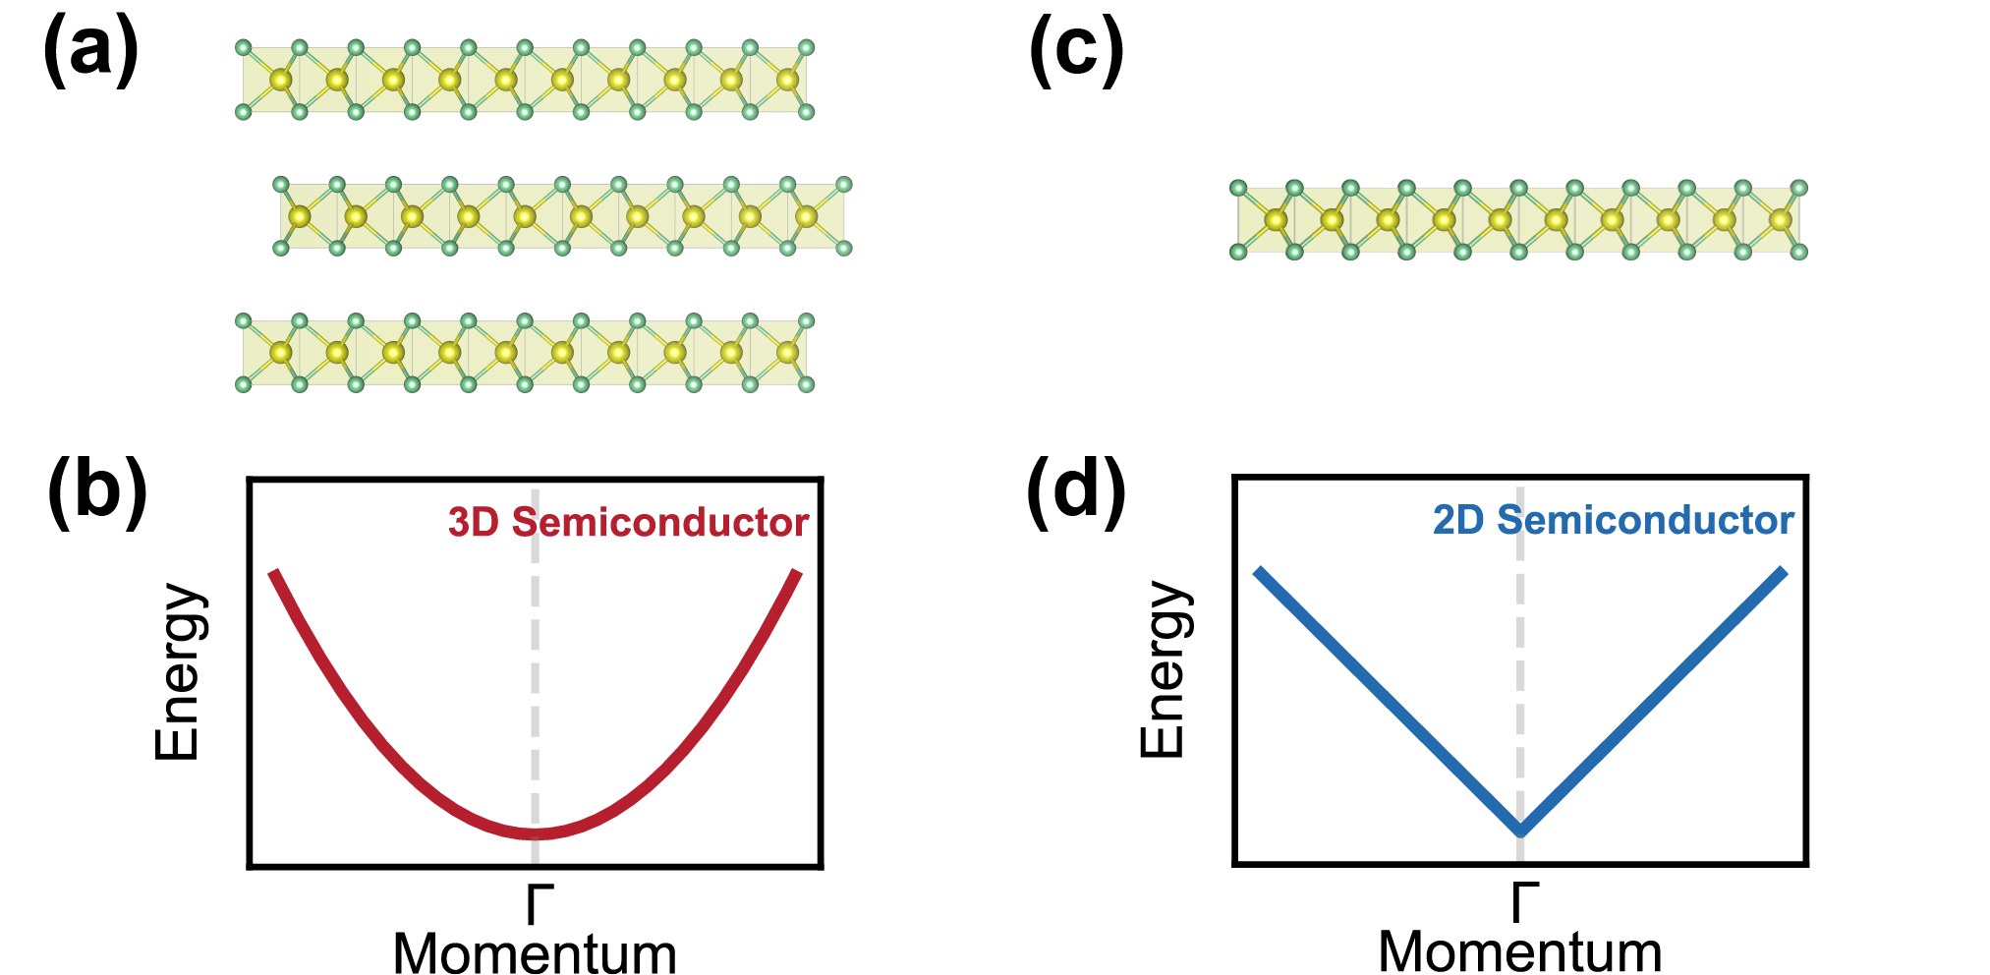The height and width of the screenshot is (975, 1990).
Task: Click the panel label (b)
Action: [x=96, y=490]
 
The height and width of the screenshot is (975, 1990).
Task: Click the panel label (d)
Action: [x=1076, y=490]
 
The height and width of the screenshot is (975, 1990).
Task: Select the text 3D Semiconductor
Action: [x=628, y=523]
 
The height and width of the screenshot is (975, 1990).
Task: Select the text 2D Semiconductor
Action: [x=1613, y=520]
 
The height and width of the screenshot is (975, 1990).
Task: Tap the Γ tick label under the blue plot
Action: [x=1524, y=901]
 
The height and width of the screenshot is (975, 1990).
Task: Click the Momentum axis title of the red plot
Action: [x=535, y=952]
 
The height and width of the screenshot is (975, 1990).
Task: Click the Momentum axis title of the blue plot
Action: [x=1520, y=950]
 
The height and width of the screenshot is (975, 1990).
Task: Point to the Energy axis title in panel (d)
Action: [x=1164, y=669]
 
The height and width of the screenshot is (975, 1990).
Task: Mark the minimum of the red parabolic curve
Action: [x=535, y=833]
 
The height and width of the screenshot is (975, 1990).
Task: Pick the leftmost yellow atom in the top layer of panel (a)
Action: [x=281, y=80]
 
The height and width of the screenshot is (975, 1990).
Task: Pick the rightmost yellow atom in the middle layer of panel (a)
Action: [x=806, y=216]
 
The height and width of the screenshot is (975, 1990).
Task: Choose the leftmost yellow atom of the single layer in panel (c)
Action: [x=1276, y=220]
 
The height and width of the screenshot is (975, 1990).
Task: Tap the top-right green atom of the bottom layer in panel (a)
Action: [x=806, y=321]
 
